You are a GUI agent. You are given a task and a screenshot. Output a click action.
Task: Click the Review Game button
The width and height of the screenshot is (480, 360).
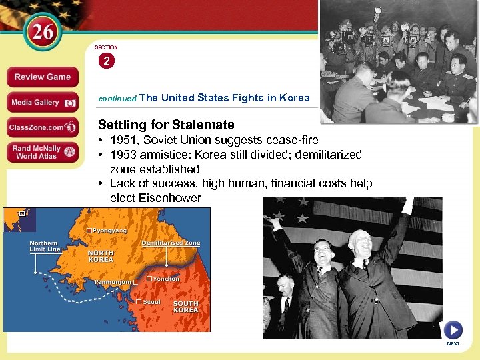[42, 77]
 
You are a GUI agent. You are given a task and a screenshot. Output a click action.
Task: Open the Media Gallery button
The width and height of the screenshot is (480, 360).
[43, 102]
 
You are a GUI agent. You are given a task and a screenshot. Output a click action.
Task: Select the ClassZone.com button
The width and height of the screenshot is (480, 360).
[43, 127]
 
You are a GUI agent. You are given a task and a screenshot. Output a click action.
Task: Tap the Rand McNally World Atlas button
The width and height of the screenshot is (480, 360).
[43, 152]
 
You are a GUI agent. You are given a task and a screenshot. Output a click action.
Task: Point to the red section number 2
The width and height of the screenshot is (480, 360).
[106, 61]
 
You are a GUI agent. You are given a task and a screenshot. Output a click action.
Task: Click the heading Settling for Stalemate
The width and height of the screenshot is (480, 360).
[166, 125]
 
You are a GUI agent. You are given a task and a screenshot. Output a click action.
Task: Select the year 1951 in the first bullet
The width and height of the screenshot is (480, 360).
[124, 140]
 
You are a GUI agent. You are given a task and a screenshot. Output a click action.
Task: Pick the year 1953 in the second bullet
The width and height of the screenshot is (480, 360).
[124, 155]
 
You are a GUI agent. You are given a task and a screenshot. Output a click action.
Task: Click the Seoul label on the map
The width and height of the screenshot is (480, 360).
[150, 301]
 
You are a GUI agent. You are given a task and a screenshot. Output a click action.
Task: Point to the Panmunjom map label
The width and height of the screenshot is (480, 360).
[111, 283]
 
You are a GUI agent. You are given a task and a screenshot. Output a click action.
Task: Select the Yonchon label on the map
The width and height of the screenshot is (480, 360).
[167, 279]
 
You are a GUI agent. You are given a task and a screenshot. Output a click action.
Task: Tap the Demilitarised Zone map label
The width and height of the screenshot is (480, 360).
[171, 243]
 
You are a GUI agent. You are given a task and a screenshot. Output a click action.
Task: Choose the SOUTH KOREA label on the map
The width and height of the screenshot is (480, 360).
[185, 307]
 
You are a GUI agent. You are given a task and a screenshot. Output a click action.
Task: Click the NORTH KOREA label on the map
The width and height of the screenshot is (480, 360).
[101, 257]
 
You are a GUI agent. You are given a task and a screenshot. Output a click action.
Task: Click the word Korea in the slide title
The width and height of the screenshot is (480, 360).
[294, 98]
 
